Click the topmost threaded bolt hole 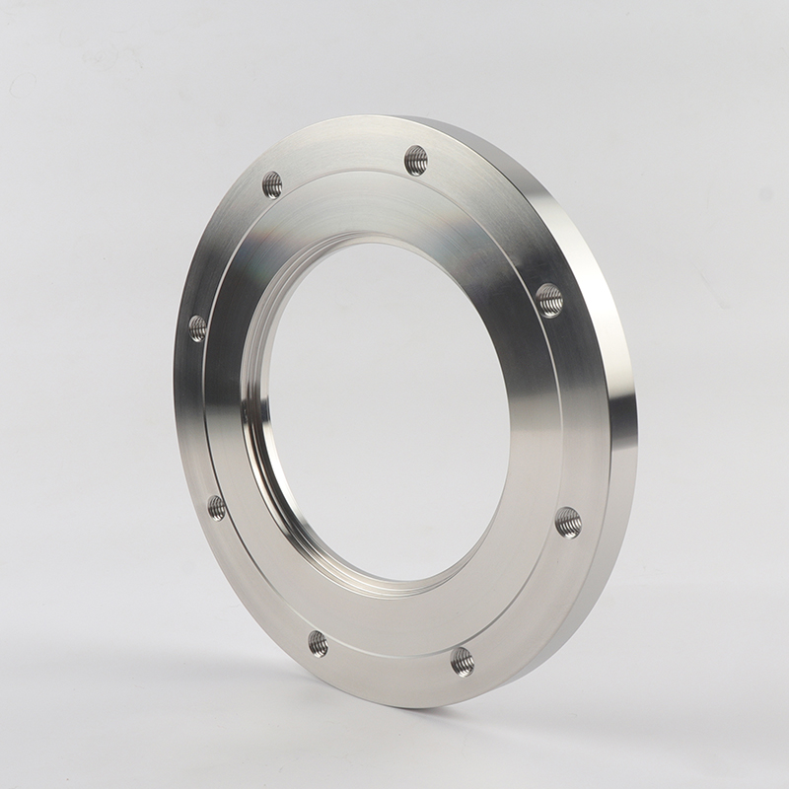[x=416, y=160]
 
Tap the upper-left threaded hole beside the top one [x=272, y=184]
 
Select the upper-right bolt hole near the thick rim [x=549, y=299]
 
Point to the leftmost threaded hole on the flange [x=197, y=328]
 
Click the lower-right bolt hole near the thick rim [x=568, y=521]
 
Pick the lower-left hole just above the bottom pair [x=217, y=508]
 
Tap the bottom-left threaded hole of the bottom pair [x=318, y=644]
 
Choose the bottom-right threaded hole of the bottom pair [x=463, y=661]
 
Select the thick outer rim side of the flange [x=616, y=394]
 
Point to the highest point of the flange [x=394, y=116]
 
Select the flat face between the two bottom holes [x=390, y=659]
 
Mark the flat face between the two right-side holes [x=572, y=409]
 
